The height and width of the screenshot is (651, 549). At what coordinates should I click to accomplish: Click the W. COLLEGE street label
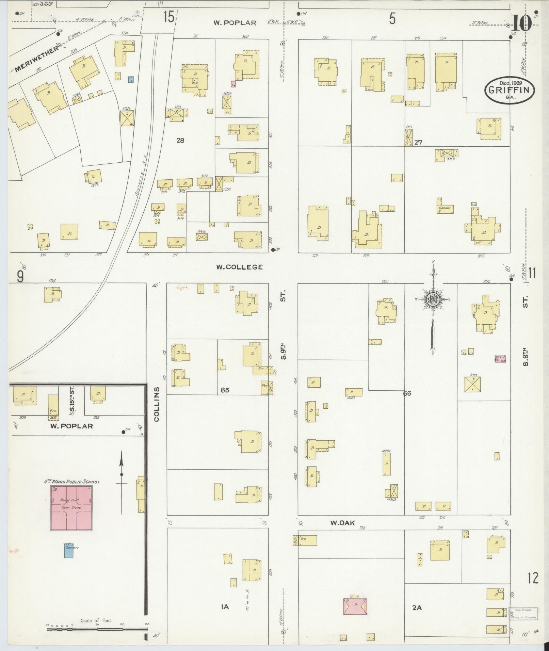pyautogui.click(x=240, y=267)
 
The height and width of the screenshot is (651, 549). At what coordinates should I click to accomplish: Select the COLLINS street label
pyautogui.click(x=157, y=404)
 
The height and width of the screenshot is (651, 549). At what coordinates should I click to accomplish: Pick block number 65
pyautogui.click(x=225, y=390)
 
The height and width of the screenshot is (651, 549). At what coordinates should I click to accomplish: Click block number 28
pyautogui.click(x=180, y=140)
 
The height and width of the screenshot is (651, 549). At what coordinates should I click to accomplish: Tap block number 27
pyautogui.click(x=418, y=142)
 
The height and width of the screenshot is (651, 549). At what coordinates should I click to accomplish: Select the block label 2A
pyautogui.click(x=417, y=607)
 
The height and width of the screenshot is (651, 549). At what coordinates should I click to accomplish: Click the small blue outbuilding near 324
pyautogui.click(x=130, y=79)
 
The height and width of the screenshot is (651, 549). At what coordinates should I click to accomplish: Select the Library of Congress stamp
pyautogui.click(x=523, y=613)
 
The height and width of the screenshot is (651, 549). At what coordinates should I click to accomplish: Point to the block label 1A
pyautogui.click(x=225, y=606)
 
